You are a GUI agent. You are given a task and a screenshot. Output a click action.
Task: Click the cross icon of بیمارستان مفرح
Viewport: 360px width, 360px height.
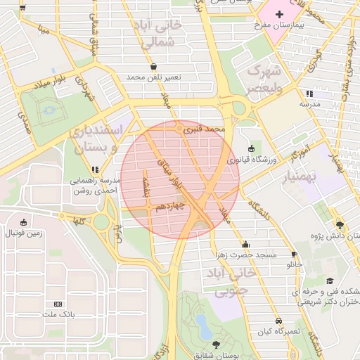279,13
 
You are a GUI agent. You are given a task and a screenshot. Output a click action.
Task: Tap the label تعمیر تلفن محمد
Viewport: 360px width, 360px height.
154,77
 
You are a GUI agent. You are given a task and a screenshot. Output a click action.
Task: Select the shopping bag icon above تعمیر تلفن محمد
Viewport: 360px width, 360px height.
154,67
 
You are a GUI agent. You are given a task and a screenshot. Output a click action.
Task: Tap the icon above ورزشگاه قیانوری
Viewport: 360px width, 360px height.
252,148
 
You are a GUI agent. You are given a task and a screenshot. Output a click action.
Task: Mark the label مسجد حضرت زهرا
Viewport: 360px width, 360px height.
247,254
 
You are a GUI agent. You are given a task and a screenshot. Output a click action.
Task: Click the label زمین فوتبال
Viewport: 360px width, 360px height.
25,233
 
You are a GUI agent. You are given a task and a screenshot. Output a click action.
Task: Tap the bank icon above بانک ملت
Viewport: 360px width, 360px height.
58,304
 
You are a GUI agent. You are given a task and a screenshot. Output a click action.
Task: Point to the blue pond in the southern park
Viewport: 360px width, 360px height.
203,325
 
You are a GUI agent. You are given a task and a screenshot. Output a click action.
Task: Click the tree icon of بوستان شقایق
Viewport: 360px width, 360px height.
215,345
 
